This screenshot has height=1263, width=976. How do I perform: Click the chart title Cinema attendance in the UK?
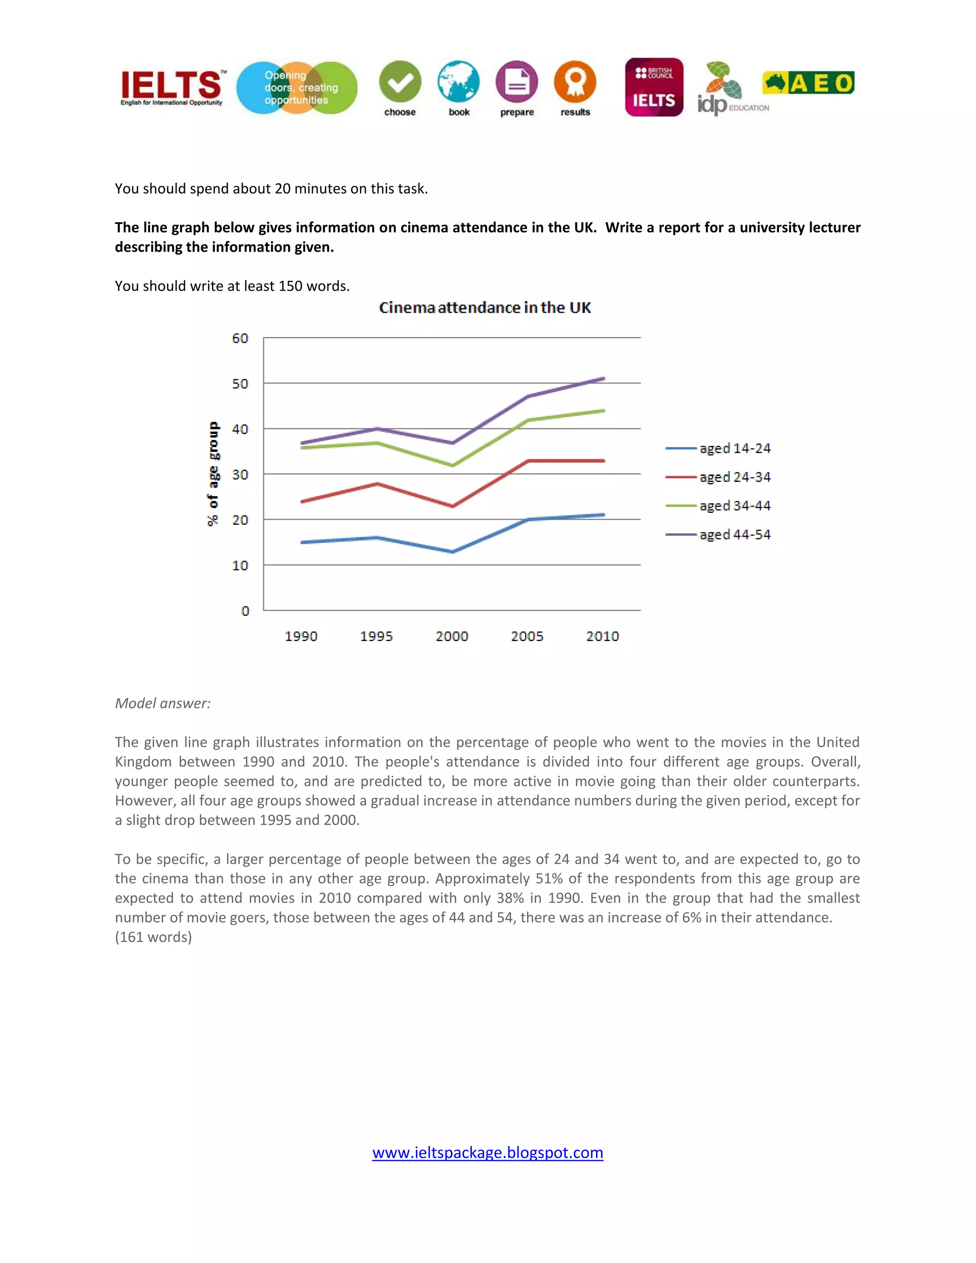coord(485,308)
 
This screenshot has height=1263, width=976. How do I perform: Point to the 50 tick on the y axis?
coord(240,383)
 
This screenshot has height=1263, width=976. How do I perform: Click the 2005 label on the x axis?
coord(527,636)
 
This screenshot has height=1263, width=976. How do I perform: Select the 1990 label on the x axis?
coord(301,636)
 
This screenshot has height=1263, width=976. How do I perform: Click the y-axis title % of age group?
coord(213,474)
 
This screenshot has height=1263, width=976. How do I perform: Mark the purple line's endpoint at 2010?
coord(603,379)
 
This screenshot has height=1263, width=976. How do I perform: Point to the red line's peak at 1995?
coord(377,483)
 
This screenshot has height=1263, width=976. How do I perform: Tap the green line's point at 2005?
coord(528,420)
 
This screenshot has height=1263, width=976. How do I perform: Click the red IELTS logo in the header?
coord(172,87)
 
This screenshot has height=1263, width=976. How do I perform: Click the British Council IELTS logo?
coord(654,87)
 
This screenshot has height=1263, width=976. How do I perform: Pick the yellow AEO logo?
coord(808,83)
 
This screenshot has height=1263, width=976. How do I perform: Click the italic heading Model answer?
coord(163,703)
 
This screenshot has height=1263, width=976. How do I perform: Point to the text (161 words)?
coord(153,937)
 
